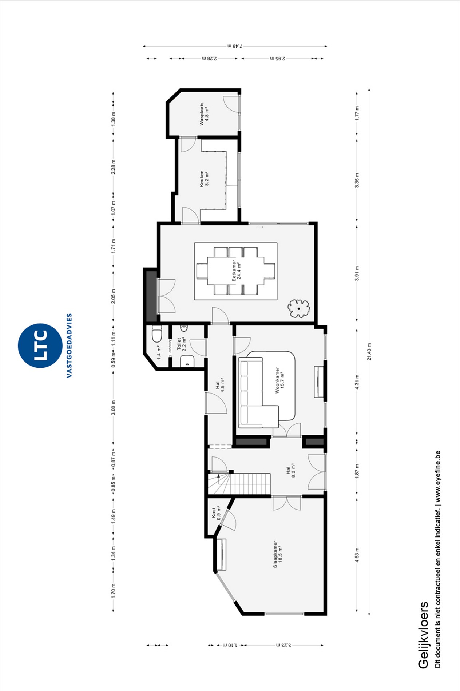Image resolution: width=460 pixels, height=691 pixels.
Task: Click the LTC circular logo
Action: [x=40, y=345]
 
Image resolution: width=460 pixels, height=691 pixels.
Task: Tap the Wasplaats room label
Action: [x=204, y=114]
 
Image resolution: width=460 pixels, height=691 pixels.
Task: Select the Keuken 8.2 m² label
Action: [x=204, y=178]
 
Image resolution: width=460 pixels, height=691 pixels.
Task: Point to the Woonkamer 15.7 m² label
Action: [x=280, y=380]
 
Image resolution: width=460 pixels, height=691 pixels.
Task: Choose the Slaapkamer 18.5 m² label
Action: [x=278, y=554]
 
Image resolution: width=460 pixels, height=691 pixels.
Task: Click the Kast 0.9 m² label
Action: [x=216, y=513]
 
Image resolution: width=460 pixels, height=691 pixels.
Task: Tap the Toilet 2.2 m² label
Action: [x=181, y=343]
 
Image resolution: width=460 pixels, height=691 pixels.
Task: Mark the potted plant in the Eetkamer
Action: [x=299, y=308]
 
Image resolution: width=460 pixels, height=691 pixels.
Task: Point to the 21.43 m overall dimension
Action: [x=369, y=351]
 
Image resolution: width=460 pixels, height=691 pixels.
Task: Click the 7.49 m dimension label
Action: [x=235, y=46]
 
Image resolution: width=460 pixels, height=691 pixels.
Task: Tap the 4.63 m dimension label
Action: [x=357, y=555]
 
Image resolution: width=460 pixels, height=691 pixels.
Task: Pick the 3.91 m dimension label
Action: [x=357, y=273]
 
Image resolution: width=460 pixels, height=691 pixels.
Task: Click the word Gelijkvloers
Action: [x=423, y=635]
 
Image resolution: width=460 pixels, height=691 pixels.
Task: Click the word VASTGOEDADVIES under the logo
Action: [x=69, y=345]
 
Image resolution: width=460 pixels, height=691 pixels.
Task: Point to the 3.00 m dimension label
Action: [x=113, y=408]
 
